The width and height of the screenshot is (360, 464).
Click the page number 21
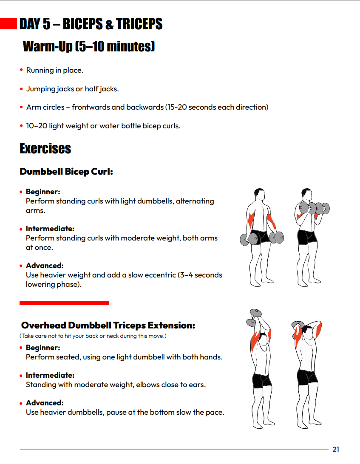coord(336,449)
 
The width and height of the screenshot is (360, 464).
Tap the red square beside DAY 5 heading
coord(9,23)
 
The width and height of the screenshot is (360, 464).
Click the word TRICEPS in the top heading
coord(139,24)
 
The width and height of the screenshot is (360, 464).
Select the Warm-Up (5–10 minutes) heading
coord(88,46)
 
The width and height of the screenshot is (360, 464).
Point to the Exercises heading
coord(45,149)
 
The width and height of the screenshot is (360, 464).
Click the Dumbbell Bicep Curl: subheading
coord(66,172)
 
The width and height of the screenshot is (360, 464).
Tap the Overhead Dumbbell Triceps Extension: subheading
coord(108,325)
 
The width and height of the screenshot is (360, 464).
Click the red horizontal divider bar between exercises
coord(64,303)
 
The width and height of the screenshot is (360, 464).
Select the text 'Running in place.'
coord(55,70)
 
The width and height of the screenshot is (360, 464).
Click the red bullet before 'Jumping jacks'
coord(21,89)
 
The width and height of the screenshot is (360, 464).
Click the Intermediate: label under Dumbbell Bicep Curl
coord(50,229)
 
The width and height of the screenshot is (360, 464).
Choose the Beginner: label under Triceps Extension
coord(43,348)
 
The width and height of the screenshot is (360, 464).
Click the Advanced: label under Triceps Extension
coord(45,403)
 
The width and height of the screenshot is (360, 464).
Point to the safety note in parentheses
coord(93,336)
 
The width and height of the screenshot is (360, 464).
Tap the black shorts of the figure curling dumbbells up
coord(307,237)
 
